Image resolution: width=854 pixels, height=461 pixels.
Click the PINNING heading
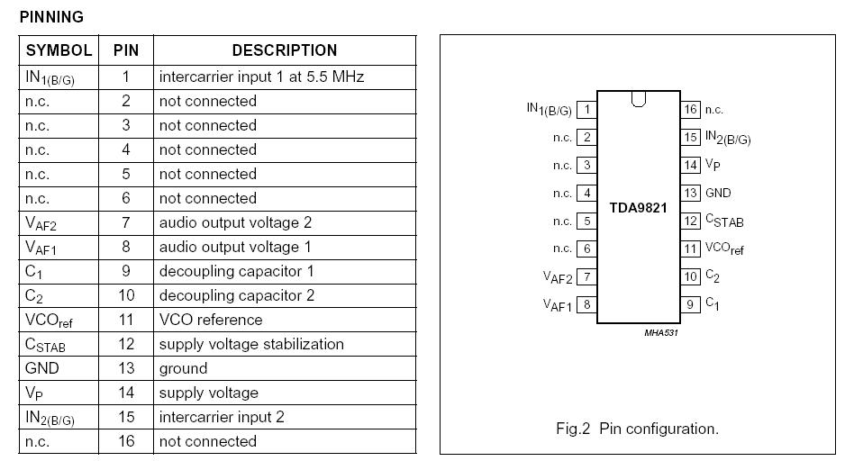51,17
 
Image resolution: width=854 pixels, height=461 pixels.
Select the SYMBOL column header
59,50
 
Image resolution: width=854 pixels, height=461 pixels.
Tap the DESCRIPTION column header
285,50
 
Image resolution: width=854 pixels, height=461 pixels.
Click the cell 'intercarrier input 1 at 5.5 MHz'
261,77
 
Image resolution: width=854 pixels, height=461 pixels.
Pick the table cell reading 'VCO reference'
211,320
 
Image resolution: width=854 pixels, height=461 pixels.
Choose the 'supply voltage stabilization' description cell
251,344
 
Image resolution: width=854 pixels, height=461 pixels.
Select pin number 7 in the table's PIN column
126,222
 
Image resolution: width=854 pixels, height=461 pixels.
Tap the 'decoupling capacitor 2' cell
237,295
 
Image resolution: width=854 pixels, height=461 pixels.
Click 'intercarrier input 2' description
222,417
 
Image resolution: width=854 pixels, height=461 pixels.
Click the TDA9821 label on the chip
638,207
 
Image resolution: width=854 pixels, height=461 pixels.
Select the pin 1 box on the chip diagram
586,110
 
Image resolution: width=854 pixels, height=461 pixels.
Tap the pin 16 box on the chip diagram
690,110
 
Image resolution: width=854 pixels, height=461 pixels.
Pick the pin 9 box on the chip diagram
690,304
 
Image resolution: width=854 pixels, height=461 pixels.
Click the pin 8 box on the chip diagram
586,304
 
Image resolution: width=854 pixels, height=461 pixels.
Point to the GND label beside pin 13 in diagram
718,193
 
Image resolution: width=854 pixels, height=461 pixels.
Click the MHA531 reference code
660,332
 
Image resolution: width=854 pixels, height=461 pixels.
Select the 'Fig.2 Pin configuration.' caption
637,429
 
